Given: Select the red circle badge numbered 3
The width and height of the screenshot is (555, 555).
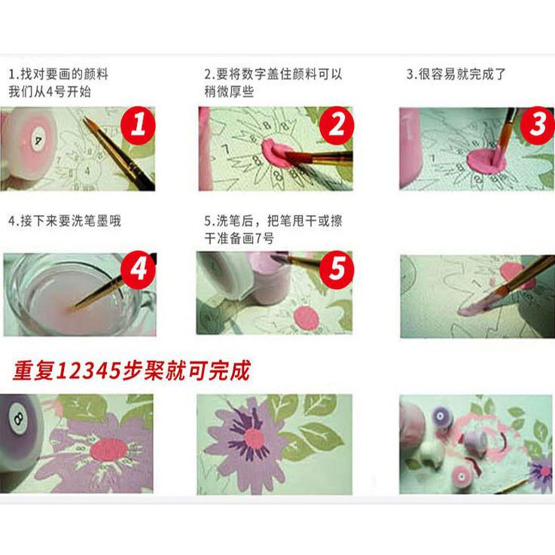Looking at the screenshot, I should click(537, 125).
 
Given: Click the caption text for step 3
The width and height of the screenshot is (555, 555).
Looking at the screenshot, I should click(456, 75).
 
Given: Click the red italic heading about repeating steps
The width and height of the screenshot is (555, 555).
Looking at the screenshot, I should click(131, 371).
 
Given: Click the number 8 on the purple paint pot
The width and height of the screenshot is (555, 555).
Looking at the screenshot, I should click(16, 416).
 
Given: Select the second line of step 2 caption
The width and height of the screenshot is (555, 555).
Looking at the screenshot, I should click(229, 91).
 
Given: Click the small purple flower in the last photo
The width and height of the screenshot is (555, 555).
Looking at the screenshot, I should click(540, 471).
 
